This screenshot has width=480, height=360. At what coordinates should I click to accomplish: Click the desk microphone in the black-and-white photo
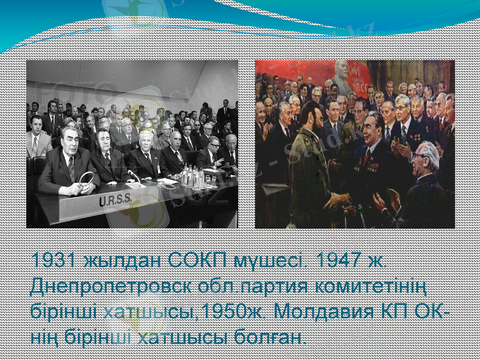(x=133, y=176)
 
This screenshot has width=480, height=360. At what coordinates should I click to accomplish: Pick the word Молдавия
(x=335, y=311)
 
